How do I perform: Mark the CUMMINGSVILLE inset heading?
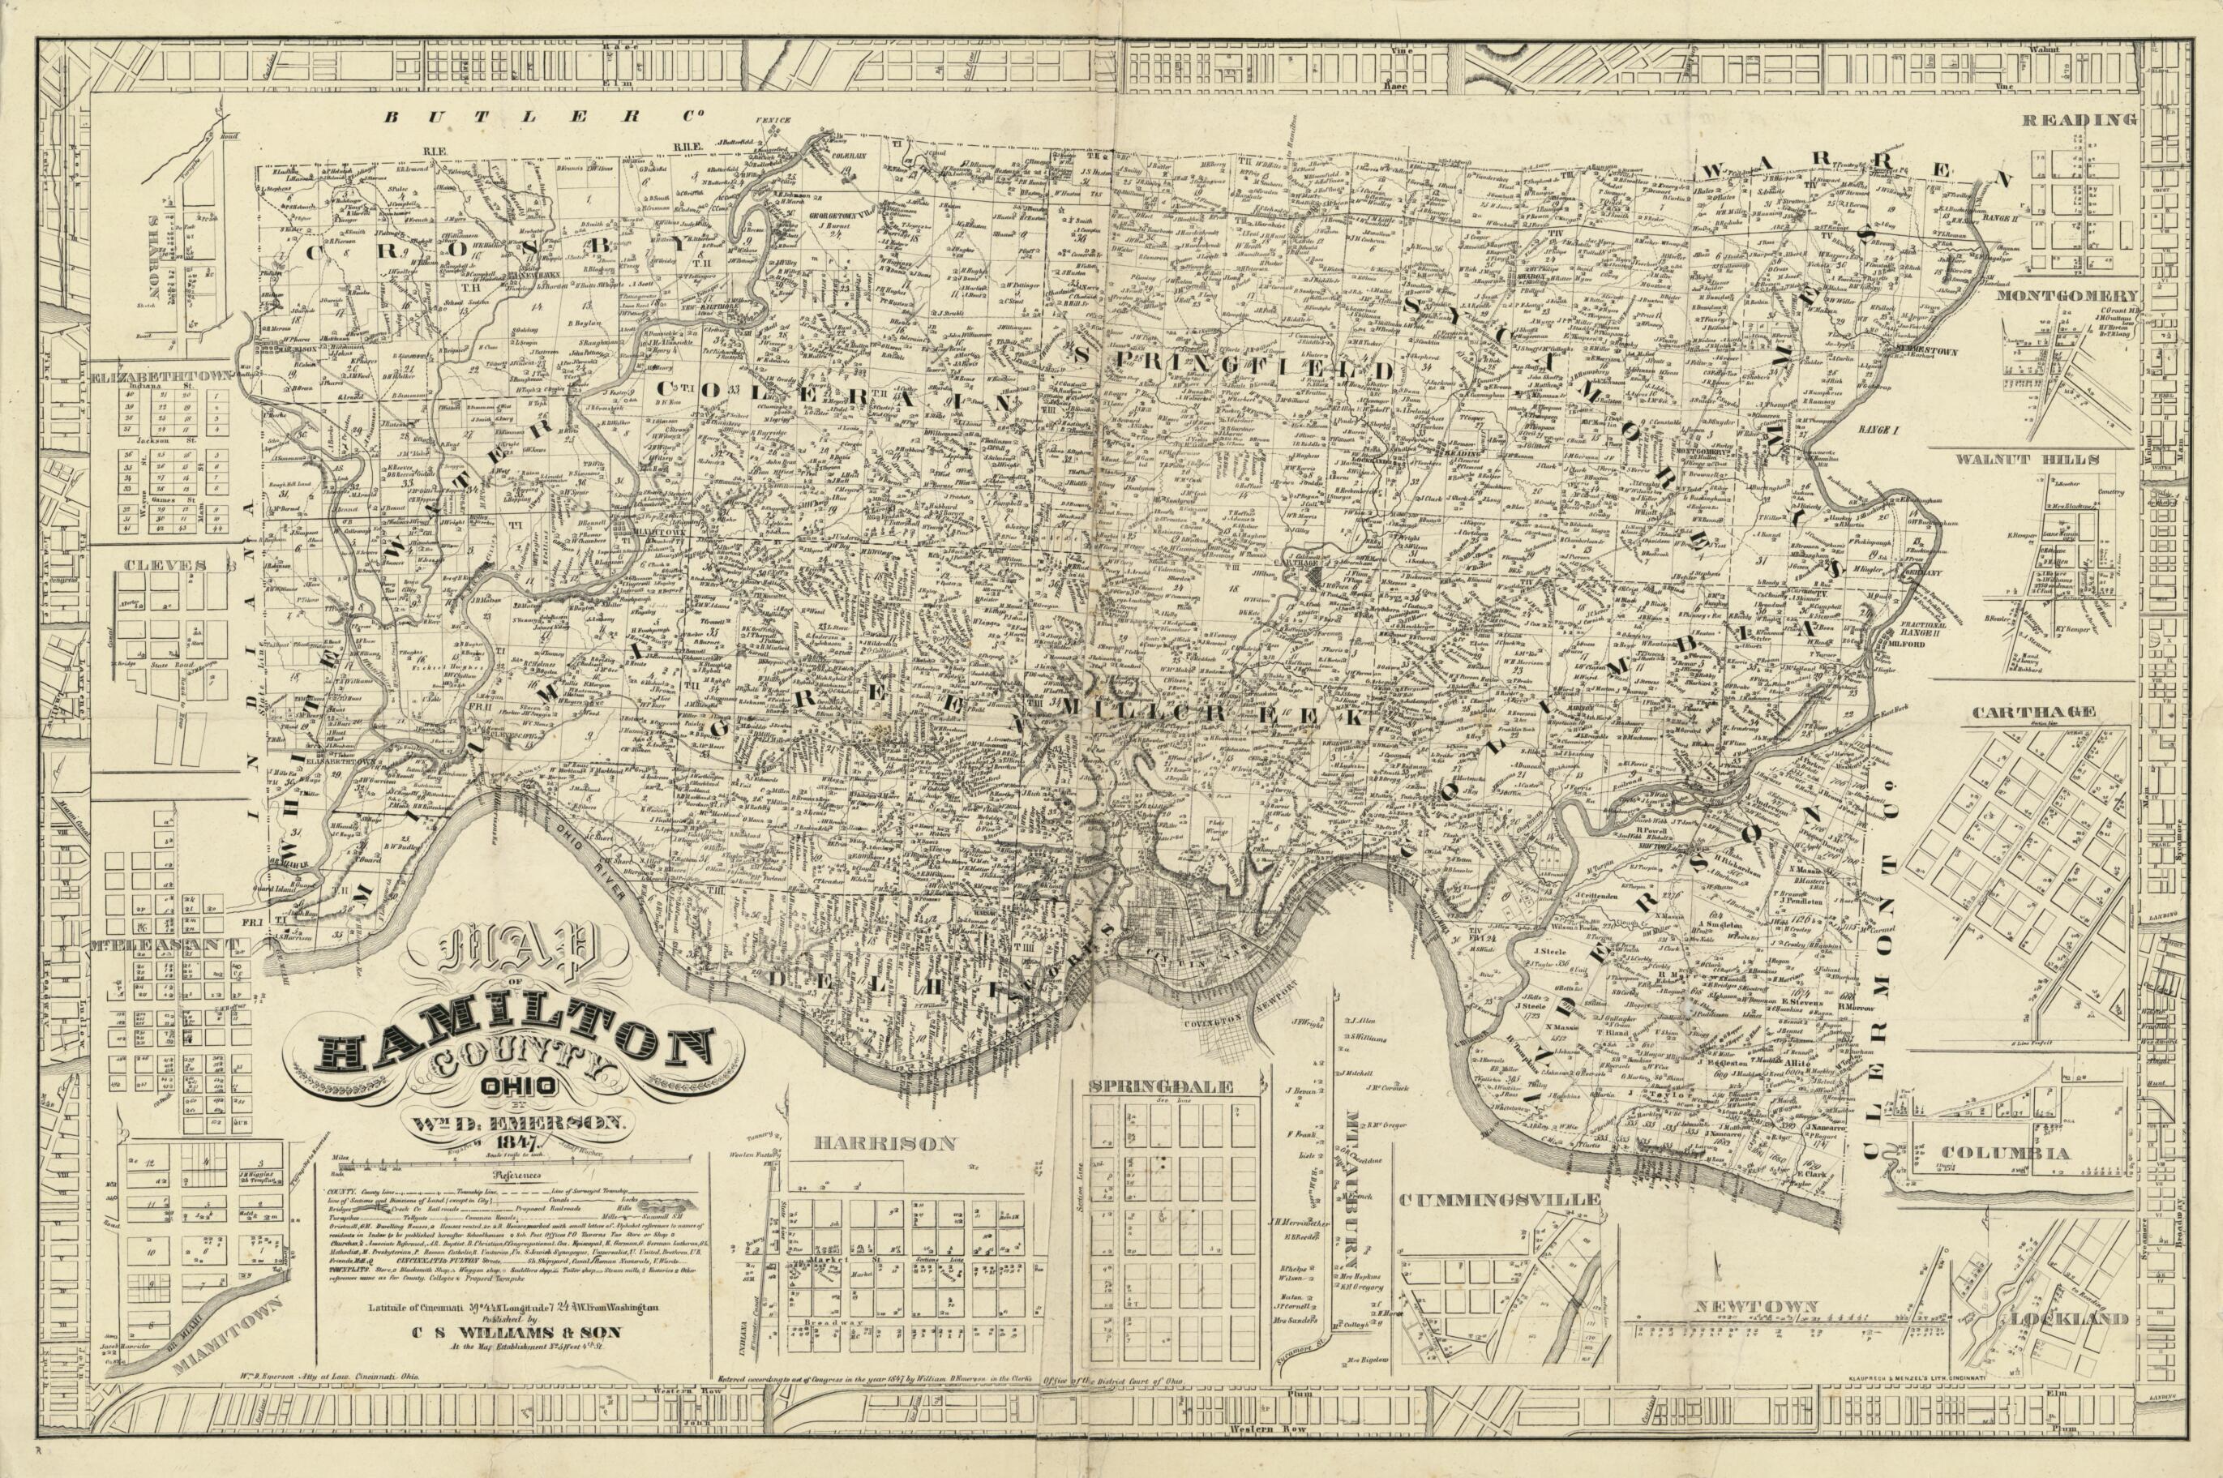pyautogui.click(x=1500, y=1200)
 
